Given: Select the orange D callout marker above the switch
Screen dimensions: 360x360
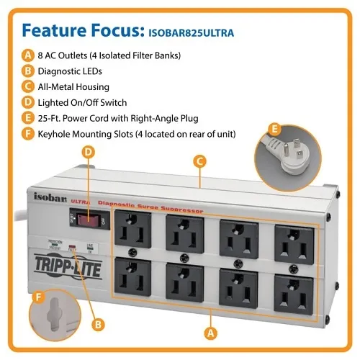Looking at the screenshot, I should point(89,153).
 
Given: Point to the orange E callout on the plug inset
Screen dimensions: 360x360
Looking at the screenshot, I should point(273,130).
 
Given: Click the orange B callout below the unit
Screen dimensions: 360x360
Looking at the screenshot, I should point(97,325).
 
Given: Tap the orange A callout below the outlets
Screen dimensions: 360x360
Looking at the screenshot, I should point(210,332).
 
